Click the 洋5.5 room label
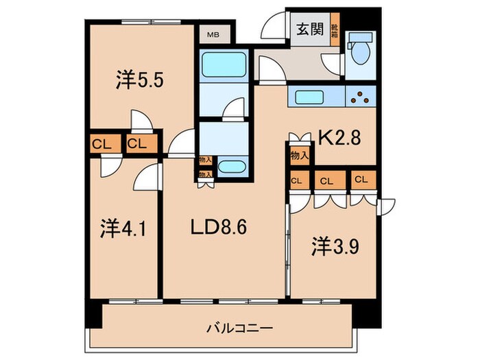[139, 82]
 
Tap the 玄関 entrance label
[309, 29]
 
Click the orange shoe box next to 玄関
[335, 30]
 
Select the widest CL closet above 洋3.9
[327, 181]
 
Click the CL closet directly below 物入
[297, 181]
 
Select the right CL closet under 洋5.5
[136, 144]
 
